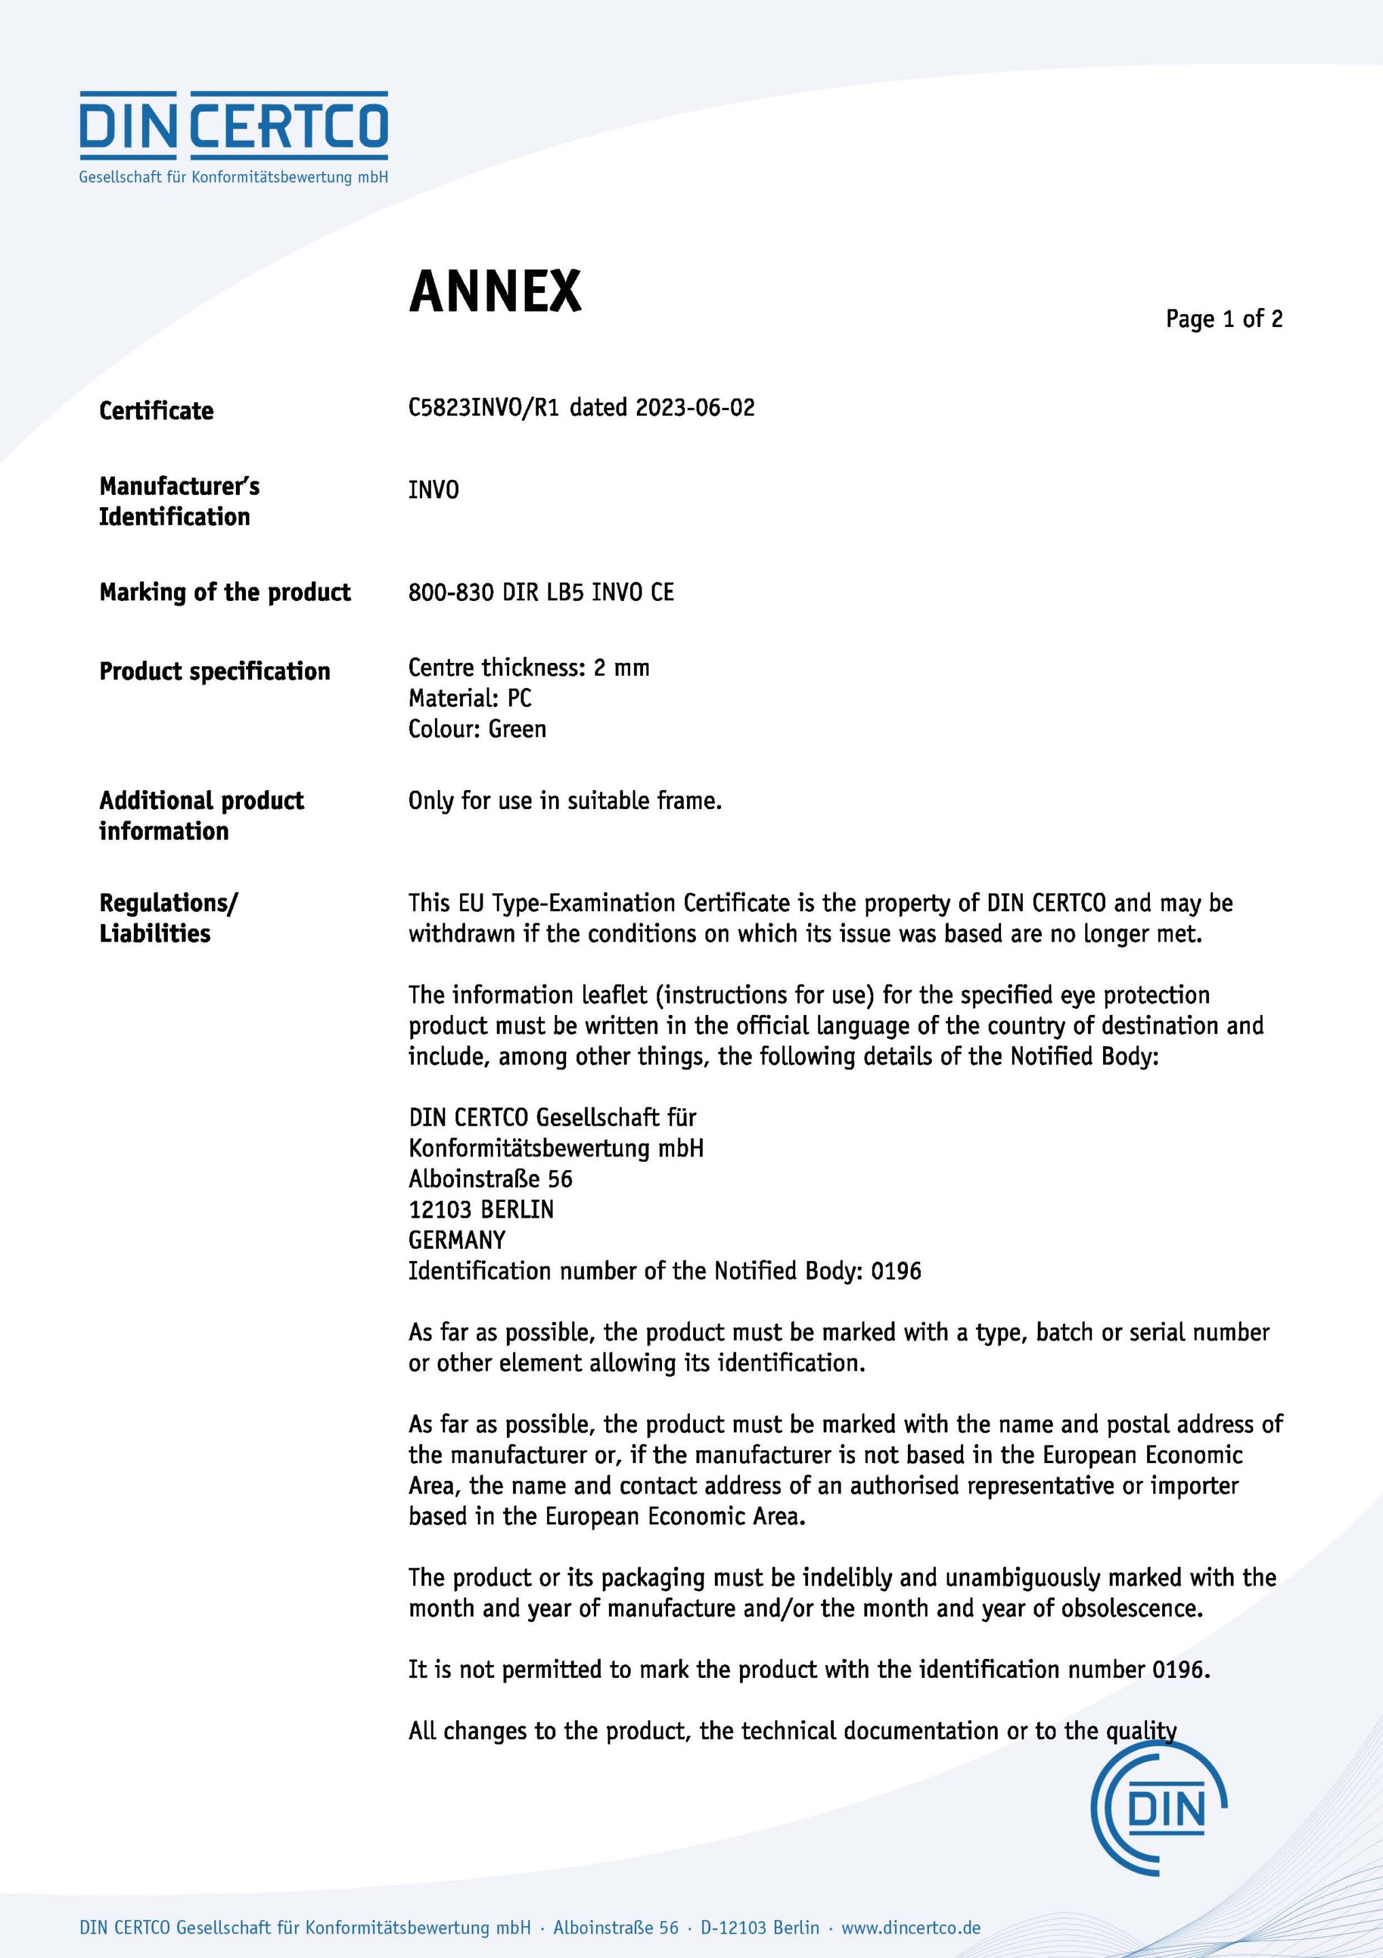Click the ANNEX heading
pos(495,292)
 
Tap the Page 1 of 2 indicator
pos(1223,319)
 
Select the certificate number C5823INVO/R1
pos(483,408)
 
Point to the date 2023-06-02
pos(695,408)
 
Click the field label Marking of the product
pos(225,592)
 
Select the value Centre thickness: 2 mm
pos(529,667)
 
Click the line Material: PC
pos(470,698)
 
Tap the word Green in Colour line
pos(518,728)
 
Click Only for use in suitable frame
pos(565,800)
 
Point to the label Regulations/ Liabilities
pos(168,918)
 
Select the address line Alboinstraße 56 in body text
pos(490,1179)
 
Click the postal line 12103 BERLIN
pos(481,1209)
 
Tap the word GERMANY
pos(457,1240)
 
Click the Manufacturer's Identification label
pos(179,502)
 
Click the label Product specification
pos(215,671)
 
